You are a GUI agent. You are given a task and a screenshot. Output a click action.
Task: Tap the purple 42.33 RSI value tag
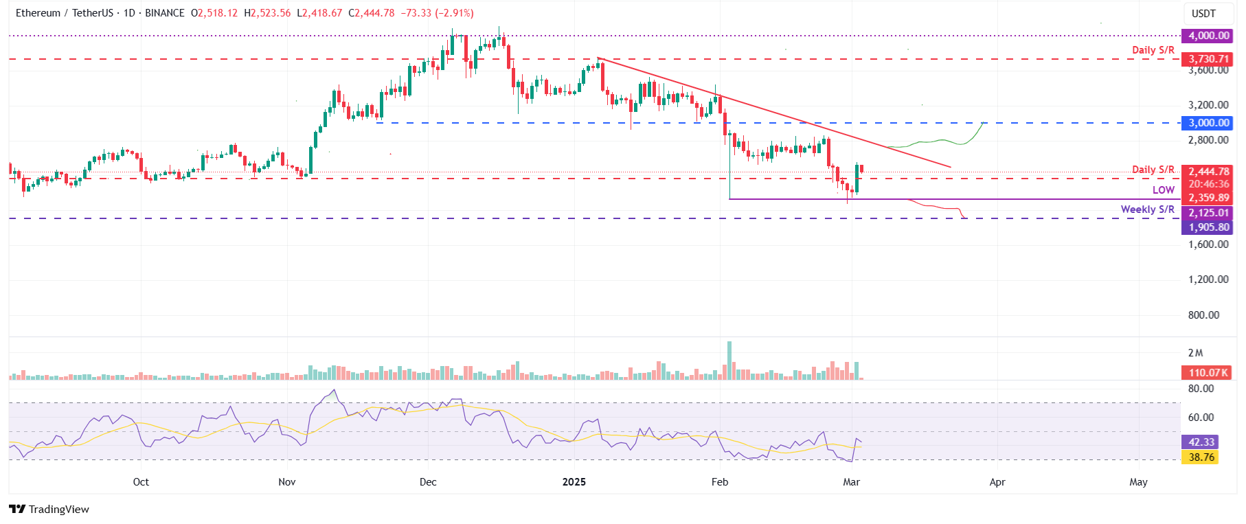pyautogui.click(x=1201, y=442)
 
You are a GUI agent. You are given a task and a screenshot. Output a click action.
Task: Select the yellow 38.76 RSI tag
pyautogui.click(x=1201, y=457)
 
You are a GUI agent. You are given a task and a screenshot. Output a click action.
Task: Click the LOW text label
pyautogui.click(x=1164, y=190)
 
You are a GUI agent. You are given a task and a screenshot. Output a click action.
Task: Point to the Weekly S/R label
pyautogui.click(x=1147, y=209)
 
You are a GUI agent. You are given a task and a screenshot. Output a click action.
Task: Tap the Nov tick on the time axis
pyautogui.click(x=287, y=482)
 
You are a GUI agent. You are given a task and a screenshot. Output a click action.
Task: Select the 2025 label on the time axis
pyautogui.click(x=574, y=482)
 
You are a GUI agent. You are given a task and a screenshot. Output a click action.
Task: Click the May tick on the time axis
pyautogui.click(x=1138, y=482)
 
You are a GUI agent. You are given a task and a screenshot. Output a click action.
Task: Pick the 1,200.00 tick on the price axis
pyautogui.click(x=1208, y=280)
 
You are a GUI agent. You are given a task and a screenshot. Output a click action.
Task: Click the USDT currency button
pyautogui.click(x=1203, y=14)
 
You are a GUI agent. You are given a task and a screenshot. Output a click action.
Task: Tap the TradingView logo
pyautogui.click(x=49, y=510)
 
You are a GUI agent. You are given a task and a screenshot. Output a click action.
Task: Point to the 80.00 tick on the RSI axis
pyautogui.click(x=1201, y=389)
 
